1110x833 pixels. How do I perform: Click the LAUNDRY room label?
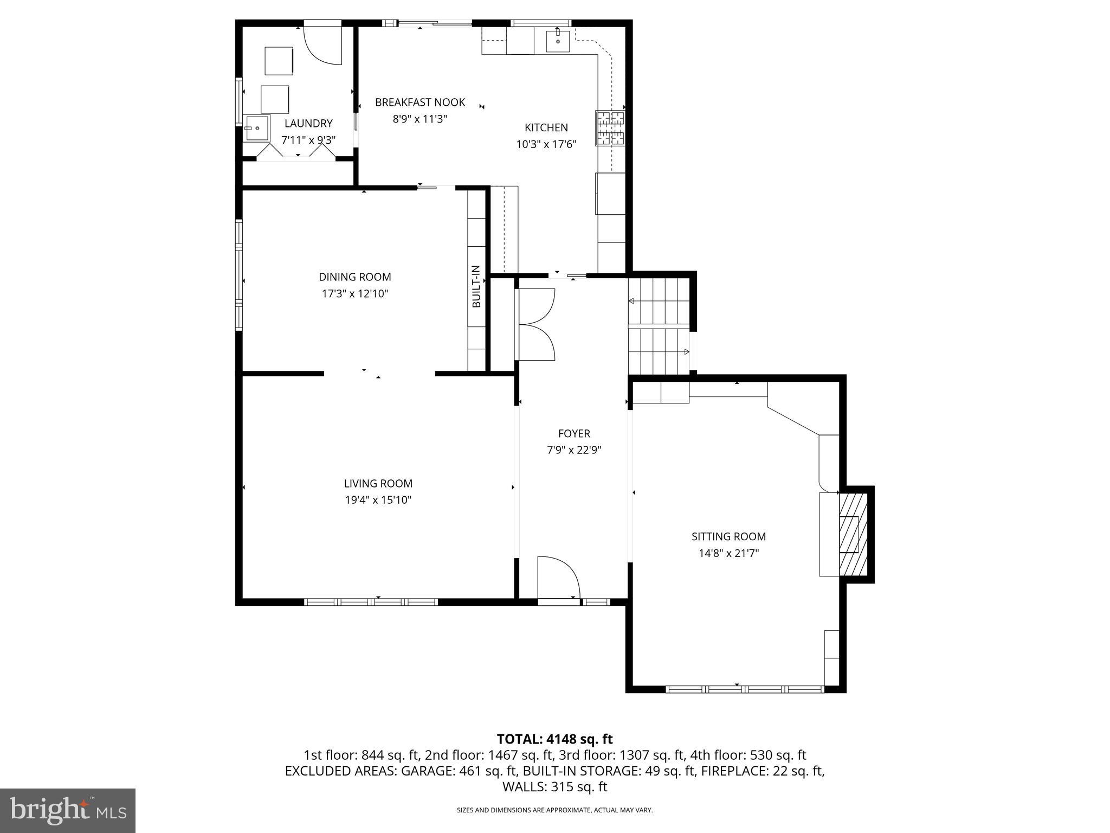pyautogui.click(x=308, y=124)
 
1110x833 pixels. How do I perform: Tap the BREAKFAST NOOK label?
pyautogui.click(x=420, y=102)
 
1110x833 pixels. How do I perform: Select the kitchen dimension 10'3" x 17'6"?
pyautogui.click(x=546, y=144)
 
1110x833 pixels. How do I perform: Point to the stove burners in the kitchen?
pyautogui.click(x=610, y=128)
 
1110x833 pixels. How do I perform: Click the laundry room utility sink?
pyautogui.click(x=256, y=129)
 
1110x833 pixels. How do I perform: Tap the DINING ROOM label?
pyautogui.click(x=354, y=277)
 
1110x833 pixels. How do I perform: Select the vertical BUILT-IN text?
pyautogui.click(x=476, y=286)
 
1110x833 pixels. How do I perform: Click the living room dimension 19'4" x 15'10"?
pyautogui.click(x=378, y=500)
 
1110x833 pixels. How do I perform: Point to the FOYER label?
pyautogui.click(x=574, y=433)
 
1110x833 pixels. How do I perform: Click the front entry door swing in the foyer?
pyautogui.click(x=558, y=578)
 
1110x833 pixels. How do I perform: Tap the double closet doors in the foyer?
pyautogui.click(x=535, y=325)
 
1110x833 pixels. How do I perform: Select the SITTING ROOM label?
pyautogui.click(x=728, y=536)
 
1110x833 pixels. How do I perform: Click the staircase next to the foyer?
pyautogui.click(x=659, y=326)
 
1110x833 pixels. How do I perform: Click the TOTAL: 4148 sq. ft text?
pyautogui.click(x=554, y=739)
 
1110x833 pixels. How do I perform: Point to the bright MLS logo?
pyautogui.click(x=68, y=811)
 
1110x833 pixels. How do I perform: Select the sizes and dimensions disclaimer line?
pyautogui.click(x=554, y=810)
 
